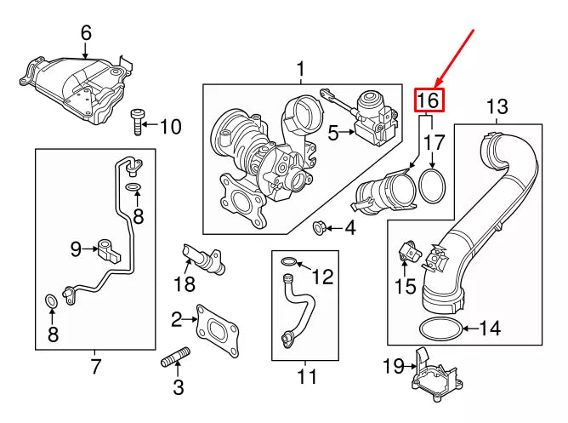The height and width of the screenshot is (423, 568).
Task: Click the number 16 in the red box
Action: pos(429,100)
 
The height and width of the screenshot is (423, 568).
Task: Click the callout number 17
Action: pos(435,142)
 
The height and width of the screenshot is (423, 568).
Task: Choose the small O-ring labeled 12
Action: pos(288,263)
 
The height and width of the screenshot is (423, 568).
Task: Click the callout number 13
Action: pos(497,107)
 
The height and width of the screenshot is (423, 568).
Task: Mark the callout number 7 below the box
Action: pos(95,367)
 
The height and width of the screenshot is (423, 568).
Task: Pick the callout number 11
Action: pos(305,375)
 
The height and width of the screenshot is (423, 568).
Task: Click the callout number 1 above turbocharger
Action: pos(299,68)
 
